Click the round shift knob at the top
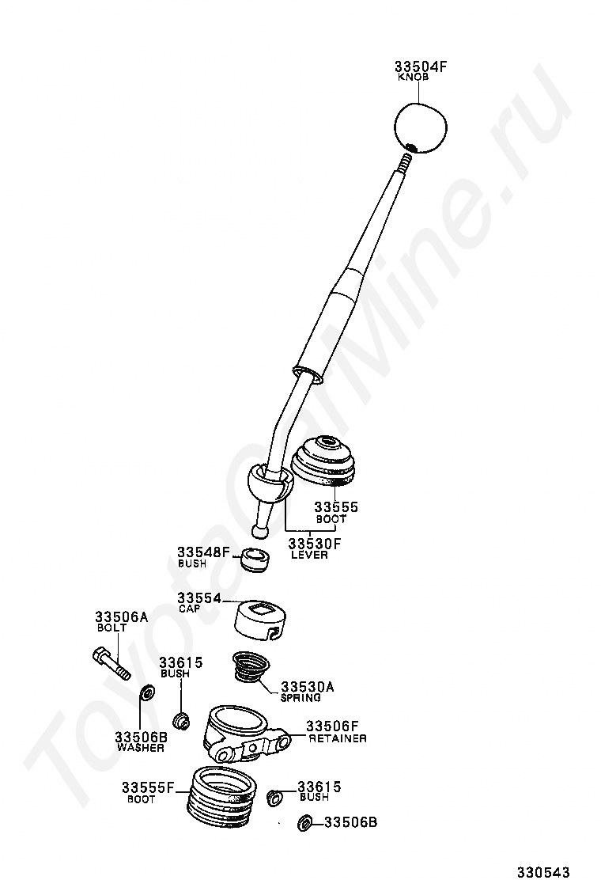coord(421,128)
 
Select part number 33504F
coord(421,66)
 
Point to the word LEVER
coord(309,555)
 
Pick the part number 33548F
coord(203,552)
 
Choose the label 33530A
coord(308,687)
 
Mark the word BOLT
coord(112,628)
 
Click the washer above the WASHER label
coord(147,692)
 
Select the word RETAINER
coord(338,738)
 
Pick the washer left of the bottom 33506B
coord(305,824)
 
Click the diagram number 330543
coord(542,872)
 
